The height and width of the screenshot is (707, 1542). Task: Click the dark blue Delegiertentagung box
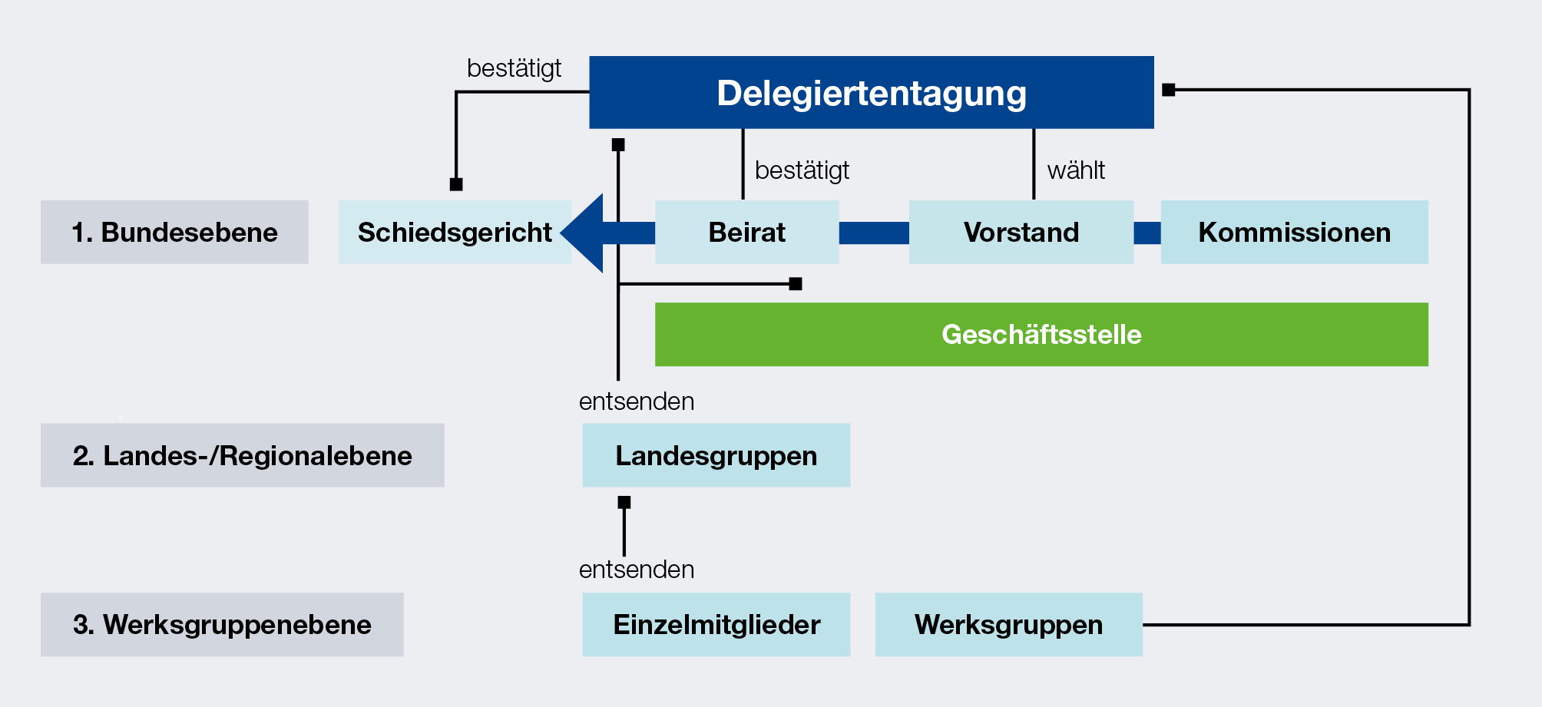click(871, 92)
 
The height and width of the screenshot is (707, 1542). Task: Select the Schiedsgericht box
click(455, 232)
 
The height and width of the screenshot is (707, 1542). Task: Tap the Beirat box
click(746, 232)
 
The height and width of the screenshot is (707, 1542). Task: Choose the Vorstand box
click(1021, 232)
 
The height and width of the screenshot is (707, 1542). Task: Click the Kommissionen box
click(1294, 232)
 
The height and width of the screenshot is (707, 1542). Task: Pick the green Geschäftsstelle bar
click(1041, 334)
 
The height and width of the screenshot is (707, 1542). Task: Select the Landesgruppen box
click(716, 455)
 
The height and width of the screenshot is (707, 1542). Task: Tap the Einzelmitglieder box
click(716, 624)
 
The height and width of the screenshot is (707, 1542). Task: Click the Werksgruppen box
click(1008, 624)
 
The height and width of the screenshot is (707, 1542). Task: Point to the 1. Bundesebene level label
click(174, 232)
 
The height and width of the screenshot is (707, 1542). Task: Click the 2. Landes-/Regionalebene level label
click(242, 455)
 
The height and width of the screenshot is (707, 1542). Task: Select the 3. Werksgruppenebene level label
click(222, 624)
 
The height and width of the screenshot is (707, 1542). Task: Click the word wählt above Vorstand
click(1076, 170)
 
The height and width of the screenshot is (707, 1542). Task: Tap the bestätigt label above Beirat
click(802, 170)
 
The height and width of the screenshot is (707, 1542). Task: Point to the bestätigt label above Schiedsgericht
click(514, 68)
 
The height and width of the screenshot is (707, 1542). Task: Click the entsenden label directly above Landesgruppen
click(637, 401)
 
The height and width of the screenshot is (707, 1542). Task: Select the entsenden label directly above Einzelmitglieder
click(637, 569)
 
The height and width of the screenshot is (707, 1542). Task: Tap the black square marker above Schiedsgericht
click(456, 184)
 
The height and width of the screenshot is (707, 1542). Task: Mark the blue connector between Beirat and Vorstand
click(874, 233)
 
